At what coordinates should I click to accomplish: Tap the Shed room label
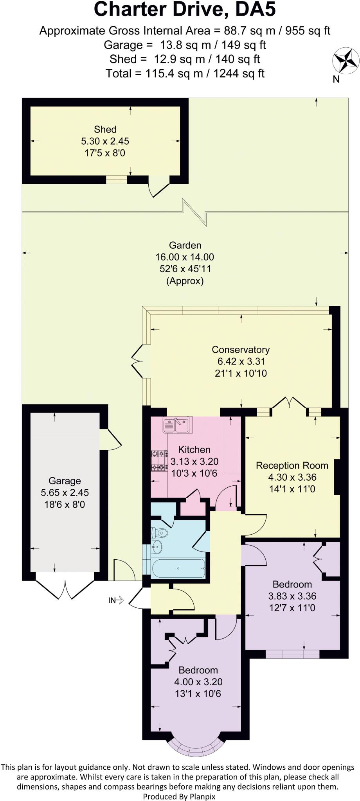click(x=105, y=129)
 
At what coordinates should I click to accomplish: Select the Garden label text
click(x=185, y=245)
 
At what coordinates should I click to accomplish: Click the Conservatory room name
click(x=241, y=350)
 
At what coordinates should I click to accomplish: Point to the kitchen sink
click(x=178, y=425)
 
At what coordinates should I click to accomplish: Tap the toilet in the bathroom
click(x=160, y=532)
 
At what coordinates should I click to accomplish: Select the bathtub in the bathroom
click(x=178, y=568)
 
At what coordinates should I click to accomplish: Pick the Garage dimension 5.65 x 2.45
click(x=65, y=493)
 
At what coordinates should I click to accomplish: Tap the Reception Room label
click(x=292, y=465)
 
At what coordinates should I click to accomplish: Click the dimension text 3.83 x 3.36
click(x=292, y=596)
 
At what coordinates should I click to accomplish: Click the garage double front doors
click(x=65, y=589)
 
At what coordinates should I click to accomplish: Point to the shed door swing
click(x=158, y=189)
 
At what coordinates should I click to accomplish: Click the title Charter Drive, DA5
click(x=185, y=10)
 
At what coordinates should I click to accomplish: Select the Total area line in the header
click(x=185, y=73)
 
